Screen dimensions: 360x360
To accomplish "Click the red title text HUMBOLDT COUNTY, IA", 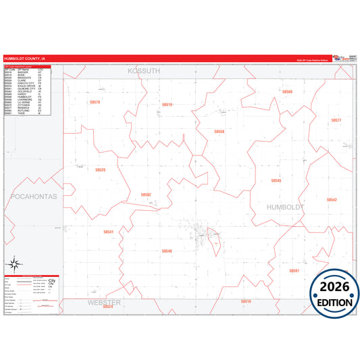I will pos(25,58).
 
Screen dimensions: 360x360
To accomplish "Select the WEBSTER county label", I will pos(104,302).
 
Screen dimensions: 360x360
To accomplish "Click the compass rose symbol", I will pos(13,264).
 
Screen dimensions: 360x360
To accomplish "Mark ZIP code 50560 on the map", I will pos(287,91).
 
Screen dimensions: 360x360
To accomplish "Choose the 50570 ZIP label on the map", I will pos(95,102).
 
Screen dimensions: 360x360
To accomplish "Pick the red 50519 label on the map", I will pos(167,105).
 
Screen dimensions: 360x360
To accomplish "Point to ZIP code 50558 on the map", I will pos(219,131).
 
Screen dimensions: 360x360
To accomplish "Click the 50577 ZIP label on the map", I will pos(336,120).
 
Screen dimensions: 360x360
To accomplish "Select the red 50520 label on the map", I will pos(100,170).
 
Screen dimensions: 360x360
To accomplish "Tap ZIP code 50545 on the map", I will pos(276,180).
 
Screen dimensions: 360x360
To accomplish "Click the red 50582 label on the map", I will pos(146,195).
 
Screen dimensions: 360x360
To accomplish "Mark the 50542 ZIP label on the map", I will pos(331,200).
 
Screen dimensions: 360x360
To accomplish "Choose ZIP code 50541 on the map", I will pos(109,232).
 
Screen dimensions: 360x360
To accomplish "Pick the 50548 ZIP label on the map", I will pos(167,251).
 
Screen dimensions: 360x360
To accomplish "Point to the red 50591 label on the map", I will pos(294,270).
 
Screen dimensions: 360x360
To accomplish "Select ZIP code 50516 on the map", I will pos(246,301).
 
